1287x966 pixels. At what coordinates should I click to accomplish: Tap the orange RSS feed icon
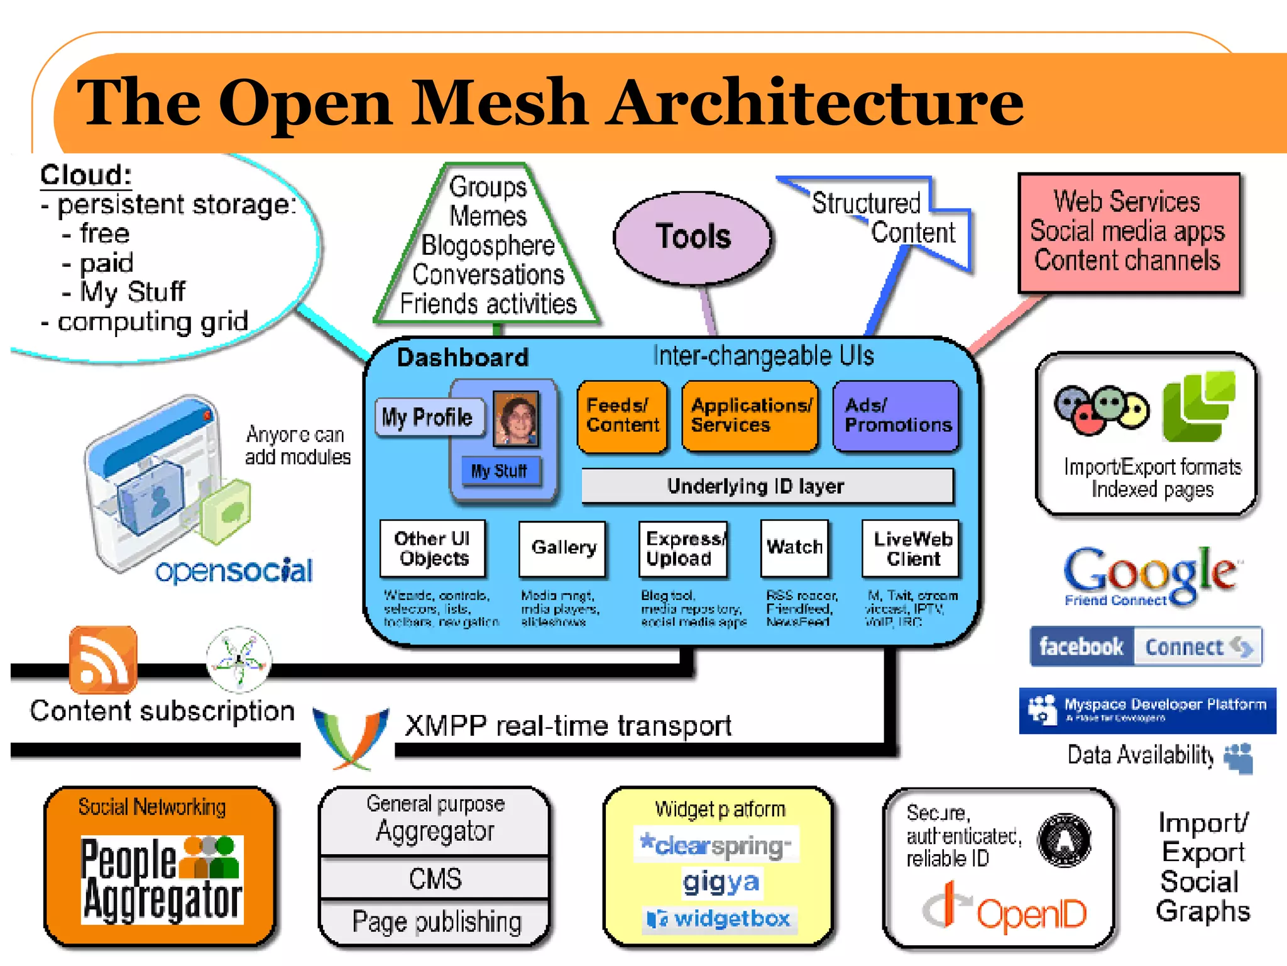pos(103,658)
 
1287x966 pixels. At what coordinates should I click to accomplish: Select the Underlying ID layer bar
pos(767,486)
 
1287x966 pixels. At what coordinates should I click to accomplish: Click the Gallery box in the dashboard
pos(563,548)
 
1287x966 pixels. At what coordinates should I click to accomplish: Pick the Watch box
pos(794,548)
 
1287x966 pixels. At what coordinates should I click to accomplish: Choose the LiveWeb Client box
pos(911,548)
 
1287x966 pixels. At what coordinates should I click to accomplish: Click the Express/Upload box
pos(683,548)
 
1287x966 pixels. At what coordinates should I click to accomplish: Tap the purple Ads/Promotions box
pos(896,416)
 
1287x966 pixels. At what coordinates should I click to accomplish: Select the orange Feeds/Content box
pos(622,416)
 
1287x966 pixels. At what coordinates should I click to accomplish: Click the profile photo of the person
pos(517,418)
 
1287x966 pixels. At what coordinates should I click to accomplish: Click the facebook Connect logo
pos(1146,647)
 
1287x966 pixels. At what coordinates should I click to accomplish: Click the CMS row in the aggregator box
pos(435,879)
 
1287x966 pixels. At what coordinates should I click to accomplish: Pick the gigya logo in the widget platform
pos(720,882)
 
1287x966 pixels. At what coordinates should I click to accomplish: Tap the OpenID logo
pos(1005,910)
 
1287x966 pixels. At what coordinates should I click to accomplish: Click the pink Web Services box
pos(1129,233)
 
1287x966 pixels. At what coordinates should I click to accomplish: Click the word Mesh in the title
pos(499,103)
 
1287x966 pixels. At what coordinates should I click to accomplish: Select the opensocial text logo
pos(233,571)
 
